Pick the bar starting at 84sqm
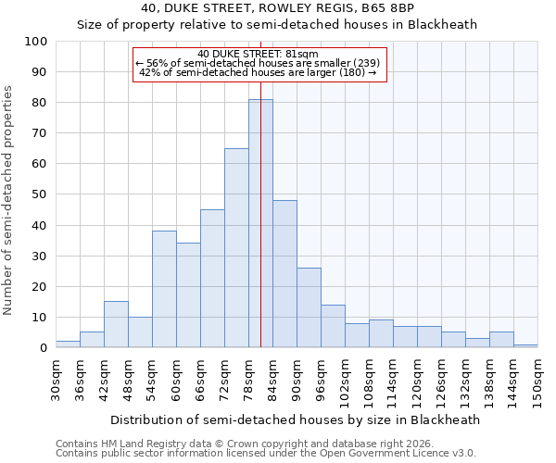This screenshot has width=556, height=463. (284, 274)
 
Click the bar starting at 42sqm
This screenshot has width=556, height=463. (116, 324)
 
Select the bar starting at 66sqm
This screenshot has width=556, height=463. (212, 279)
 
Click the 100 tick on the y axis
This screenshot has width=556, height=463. (36, 42)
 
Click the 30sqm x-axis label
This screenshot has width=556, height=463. (56, 380)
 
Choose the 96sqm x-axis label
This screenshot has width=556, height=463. (321, 380)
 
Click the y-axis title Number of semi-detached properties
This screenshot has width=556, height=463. (9, 200)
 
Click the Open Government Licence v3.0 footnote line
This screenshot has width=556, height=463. (266, 453)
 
